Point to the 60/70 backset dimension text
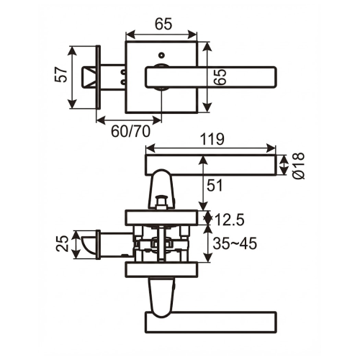[x=130, y=131]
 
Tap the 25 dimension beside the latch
[x=63, y=243]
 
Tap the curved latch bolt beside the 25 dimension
[x=89, y=243]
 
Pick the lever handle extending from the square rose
[x=216, y=76]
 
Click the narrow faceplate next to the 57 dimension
[x=97, y=78]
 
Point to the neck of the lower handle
[x=162, y=295]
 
